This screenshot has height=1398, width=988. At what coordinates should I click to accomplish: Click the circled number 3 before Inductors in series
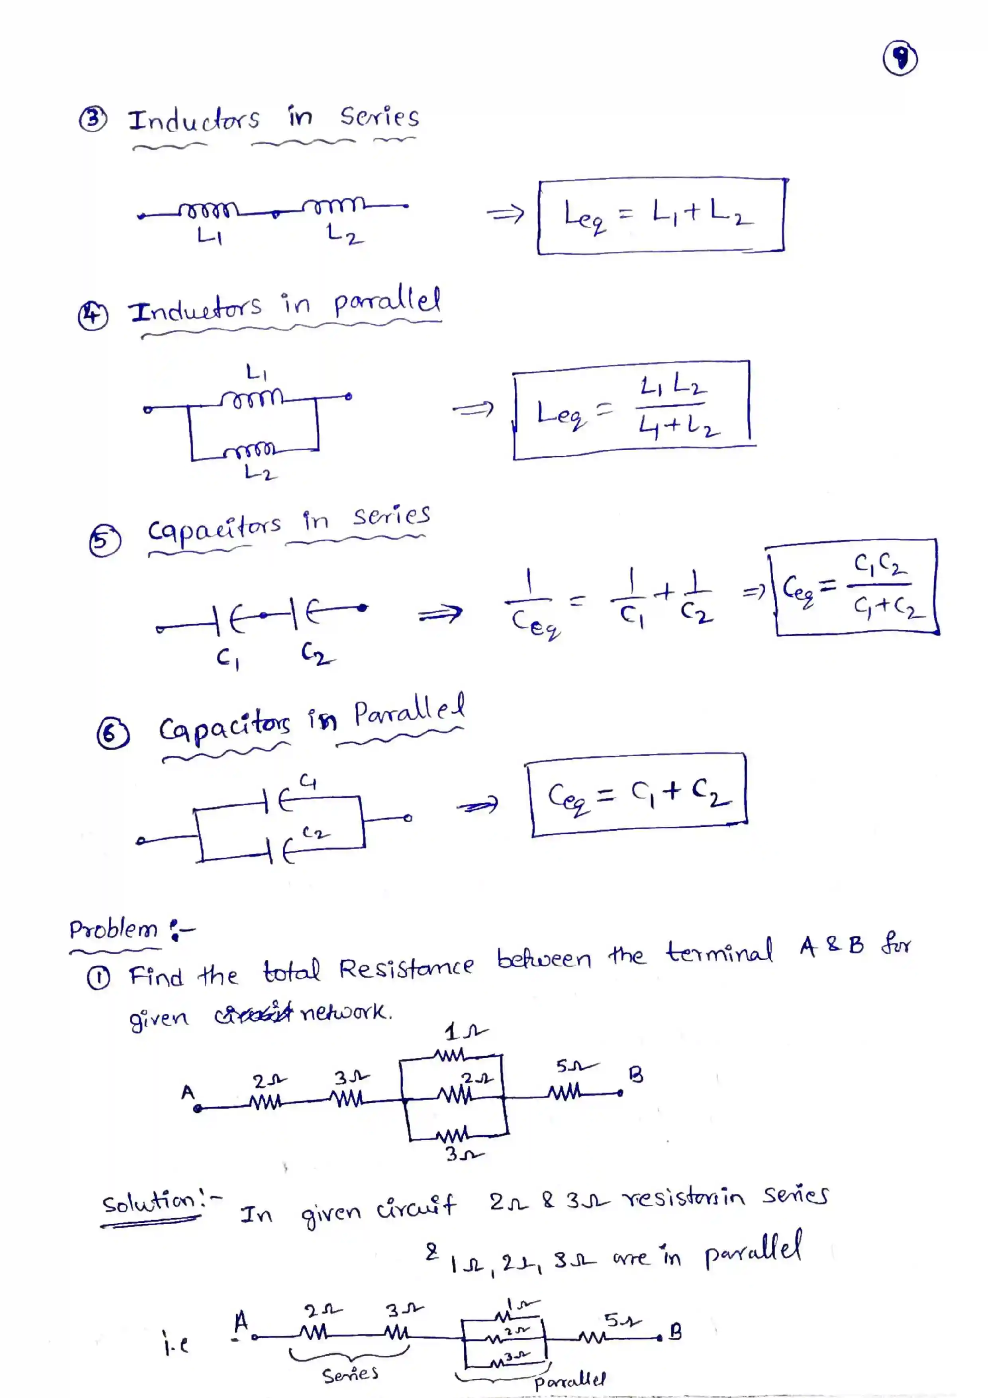tap(92, 120)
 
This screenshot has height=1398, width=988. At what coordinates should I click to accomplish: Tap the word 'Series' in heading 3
tap(379, 116)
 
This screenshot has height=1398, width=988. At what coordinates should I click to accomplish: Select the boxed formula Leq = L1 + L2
tap(661, 216)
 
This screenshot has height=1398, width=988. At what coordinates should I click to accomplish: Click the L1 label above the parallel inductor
tap(256, 371)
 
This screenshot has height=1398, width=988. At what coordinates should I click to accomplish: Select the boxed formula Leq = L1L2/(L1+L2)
tap(633, 410)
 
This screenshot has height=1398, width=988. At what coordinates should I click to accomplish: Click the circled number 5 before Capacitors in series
tap(105, 541)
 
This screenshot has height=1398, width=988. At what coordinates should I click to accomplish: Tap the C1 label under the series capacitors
tap(227, 658)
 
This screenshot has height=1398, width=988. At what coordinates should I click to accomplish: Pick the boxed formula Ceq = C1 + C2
tap(638, 795)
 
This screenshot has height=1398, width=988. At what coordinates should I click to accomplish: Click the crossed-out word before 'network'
tap(254, 1014)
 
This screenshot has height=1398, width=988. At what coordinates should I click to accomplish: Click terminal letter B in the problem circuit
tap(635, 1074)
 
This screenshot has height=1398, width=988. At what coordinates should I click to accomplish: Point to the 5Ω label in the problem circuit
tap(574, 1066)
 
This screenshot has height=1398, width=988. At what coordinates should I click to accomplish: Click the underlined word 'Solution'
tap(149, 1202)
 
